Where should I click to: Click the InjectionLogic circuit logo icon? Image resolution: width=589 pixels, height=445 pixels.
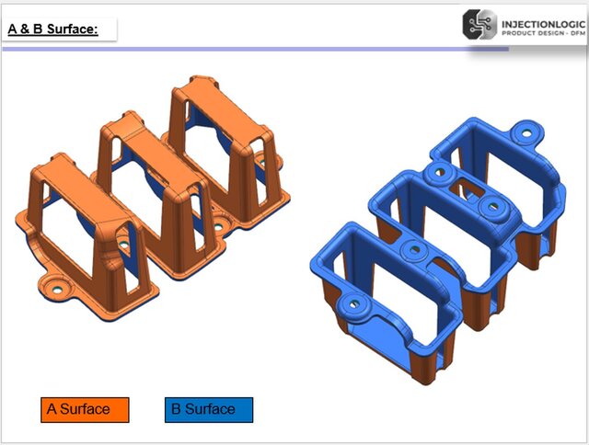pyautogui.click(x=479, y=25)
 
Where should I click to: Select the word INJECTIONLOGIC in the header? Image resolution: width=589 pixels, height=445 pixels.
pyautogui.click(x=541, y=20)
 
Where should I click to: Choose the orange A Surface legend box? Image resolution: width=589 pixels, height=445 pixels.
pyautogui.click(x=85, y=409)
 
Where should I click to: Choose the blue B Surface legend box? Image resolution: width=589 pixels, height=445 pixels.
pyautogui.click(x=209, y=409)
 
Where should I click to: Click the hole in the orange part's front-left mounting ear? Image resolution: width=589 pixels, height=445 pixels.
pyautogui.click(x=56, y=287)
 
